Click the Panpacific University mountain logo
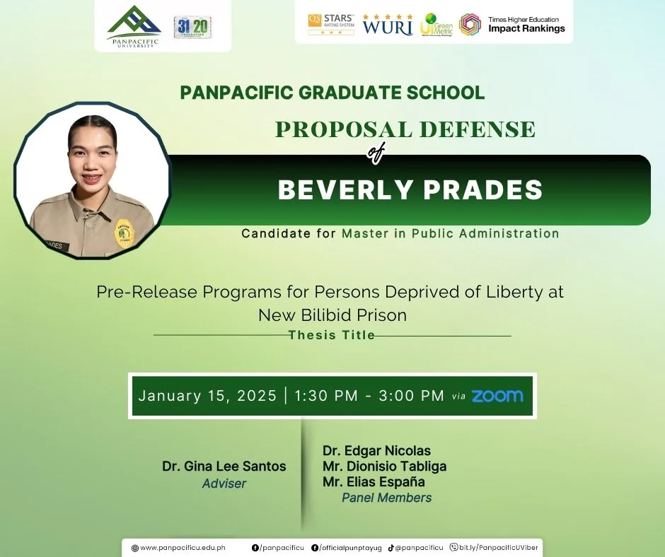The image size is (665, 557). [134, 23]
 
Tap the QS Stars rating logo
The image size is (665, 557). [330, 24]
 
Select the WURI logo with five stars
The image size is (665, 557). [388, 25]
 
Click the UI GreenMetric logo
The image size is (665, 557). [436, 25]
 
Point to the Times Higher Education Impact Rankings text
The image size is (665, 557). [526, 25]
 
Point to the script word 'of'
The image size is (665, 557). [375, 153]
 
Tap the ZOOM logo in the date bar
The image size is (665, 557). [497, 396]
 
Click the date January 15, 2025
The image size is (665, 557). [207, 396]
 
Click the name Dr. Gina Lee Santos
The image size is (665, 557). [224, 467]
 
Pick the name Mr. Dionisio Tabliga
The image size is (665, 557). [384, 467]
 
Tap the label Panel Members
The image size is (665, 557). [386, 498]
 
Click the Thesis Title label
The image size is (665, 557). [332, 335]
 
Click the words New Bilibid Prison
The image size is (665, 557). [332, 315]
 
